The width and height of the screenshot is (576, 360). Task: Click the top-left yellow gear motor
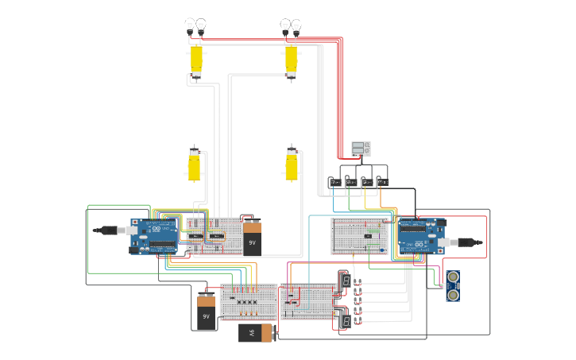click(195, 61)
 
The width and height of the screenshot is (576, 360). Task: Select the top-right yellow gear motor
click(291, 60)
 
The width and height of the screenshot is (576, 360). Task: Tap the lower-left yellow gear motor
click(194, 165)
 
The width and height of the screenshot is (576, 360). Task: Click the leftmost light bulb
click(190, 26)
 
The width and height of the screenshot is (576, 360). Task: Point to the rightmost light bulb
click(296, 26)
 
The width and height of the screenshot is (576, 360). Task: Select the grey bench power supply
click(361, 149)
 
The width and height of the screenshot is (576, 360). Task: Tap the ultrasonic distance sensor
click(452, 286)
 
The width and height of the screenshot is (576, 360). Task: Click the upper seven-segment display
click(346, 281)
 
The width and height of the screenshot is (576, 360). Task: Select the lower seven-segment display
click(346, 320)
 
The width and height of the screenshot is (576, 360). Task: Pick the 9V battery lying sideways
click(257, 333)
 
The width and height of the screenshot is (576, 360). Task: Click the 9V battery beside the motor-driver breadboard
click(252, 238)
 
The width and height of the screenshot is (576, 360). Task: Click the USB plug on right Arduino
click(468, 241)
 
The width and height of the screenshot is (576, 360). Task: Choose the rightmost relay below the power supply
click(382, 182)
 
